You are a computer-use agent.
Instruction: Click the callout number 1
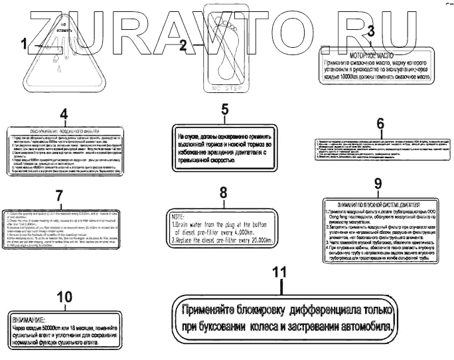click(x=25, y=45)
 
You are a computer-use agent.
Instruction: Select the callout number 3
click(x=371, y=31)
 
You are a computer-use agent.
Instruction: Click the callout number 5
click(x=224, y=109)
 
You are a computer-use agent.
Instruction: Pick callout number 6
click(x=380, y=124)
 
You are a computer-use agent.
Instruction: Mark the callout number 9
click(x=378, y=183)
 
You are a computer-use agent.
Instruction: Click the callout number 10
click(x=64, y=298)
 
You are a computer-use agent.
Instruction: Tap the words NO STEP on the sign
click(x=226, y=87)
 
